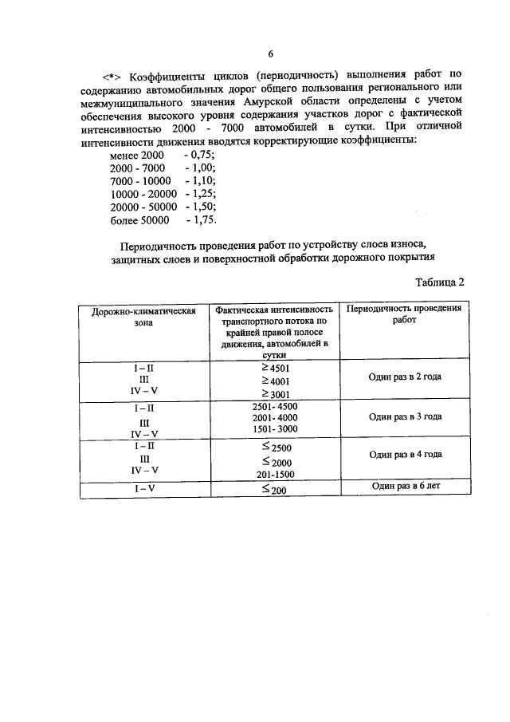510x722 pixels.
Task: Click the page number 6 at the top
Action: [270, 54]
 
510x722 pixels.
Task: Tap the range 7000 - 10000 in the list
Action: [140, 182]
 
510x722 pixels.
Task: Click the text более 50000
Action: [139, 220]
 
